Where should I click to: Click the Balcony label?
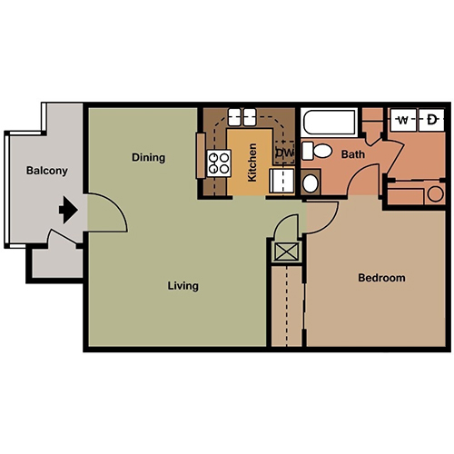47,171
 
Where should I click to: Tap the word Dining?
149,157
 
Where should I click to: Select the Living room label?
183,286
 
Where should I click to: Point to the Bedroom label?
381,278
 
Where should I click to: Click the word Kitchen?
252,163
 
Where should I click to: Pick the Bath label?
353,154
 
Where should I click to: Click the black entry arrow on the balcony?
68,210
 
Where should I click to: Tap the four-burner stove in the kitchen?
219,163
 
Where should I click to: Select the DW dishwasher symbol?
285,153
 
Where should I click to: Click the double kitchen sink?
242,117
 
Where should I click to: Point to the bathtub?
330,122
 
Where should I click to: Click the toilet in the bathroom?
317,151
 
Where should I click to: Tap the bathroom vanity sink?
311,183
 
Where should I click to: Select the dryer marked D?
431,120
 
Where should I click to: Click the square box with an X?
286,252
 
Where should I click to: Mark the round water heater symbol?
436,194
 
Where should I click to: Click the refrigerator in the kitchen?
281,181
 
